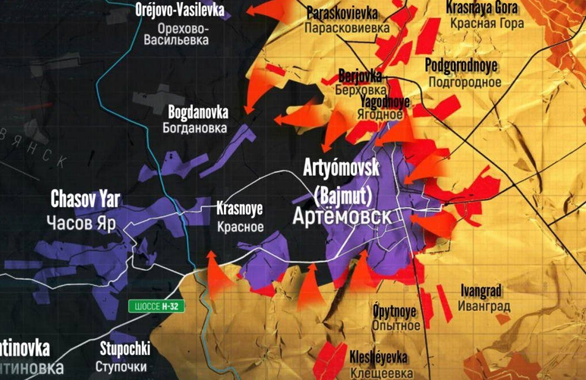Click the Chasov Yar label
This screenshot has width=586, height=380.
[85, 200]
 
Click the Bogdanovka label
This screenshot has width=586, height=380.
[198, 111]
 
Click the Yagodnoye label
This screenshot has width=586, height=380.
[385, 101]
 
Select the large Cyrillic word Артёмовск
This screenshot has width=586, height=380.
[343, 217]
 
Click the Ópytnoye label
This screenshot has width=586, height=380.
[396, 309]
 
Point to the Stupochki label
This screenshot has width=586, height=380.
[125, 350]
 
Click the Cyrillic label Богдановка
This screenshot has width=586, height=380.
[195, 128]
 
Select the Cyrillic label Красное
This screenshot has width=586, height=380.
[240, 225]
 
